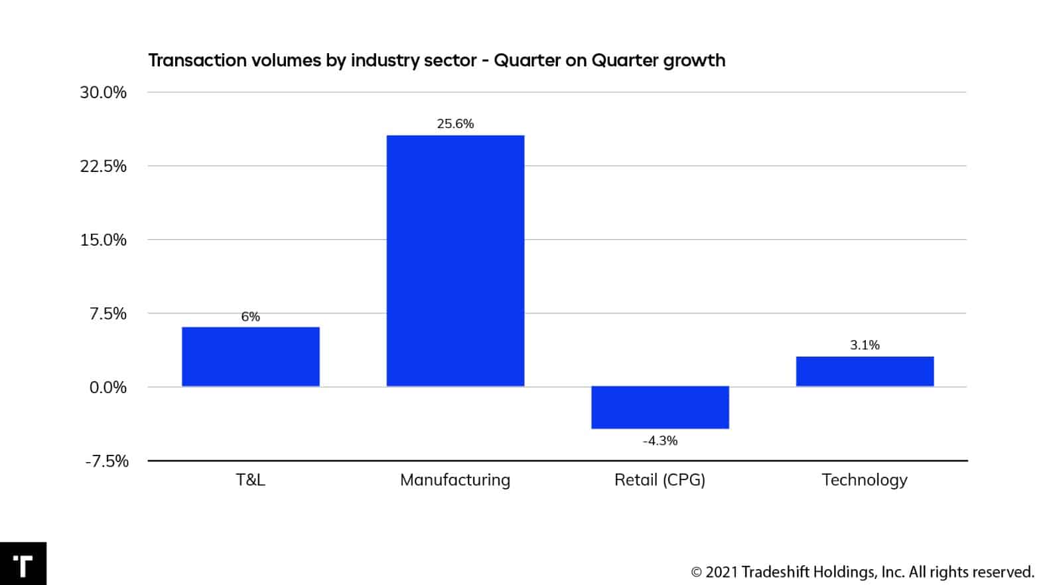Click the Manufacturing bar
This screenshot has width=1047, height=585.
455,260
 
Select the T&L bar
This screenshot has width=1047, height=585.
250,357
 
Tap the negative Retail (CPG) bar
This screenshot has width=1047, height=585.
660,407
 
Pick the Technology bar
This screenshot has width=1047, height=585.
865,371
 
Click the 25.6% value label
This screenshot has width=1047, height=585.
455,124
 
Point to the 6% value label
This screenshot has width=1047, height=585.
250,317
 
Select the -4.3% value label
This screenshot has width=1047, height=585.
660,441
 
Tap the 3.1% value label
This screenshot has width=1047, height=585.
865,345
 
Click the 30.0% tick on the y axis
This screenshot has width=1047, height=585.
103,92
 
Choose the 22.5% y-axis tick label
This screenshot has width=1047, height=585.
103,166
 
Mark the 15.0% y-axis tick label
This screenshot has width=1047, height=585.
103,240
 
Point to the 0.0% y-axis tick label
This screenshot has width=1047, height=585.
107,387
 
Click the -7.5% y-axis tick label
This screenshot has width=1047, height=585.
106,461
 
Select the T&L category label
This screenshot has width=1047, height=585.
250,480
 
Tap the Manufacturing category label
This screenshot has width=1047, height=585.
455,480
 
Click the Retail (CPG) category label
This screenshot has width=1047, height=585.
660,480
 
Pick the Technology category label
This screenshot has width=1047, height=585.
865,480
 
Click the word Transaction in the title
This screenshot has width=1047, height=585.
194,60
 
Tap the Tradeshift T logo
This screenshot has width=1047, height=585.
23,564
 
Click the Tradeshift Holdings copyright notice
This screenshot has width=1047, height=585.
863,572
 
